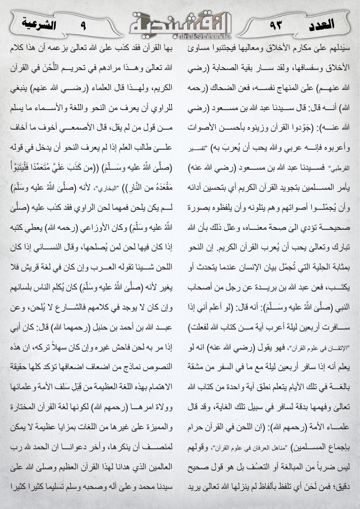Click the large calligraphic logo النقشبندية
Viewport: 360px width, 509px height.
coord(180,22)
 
